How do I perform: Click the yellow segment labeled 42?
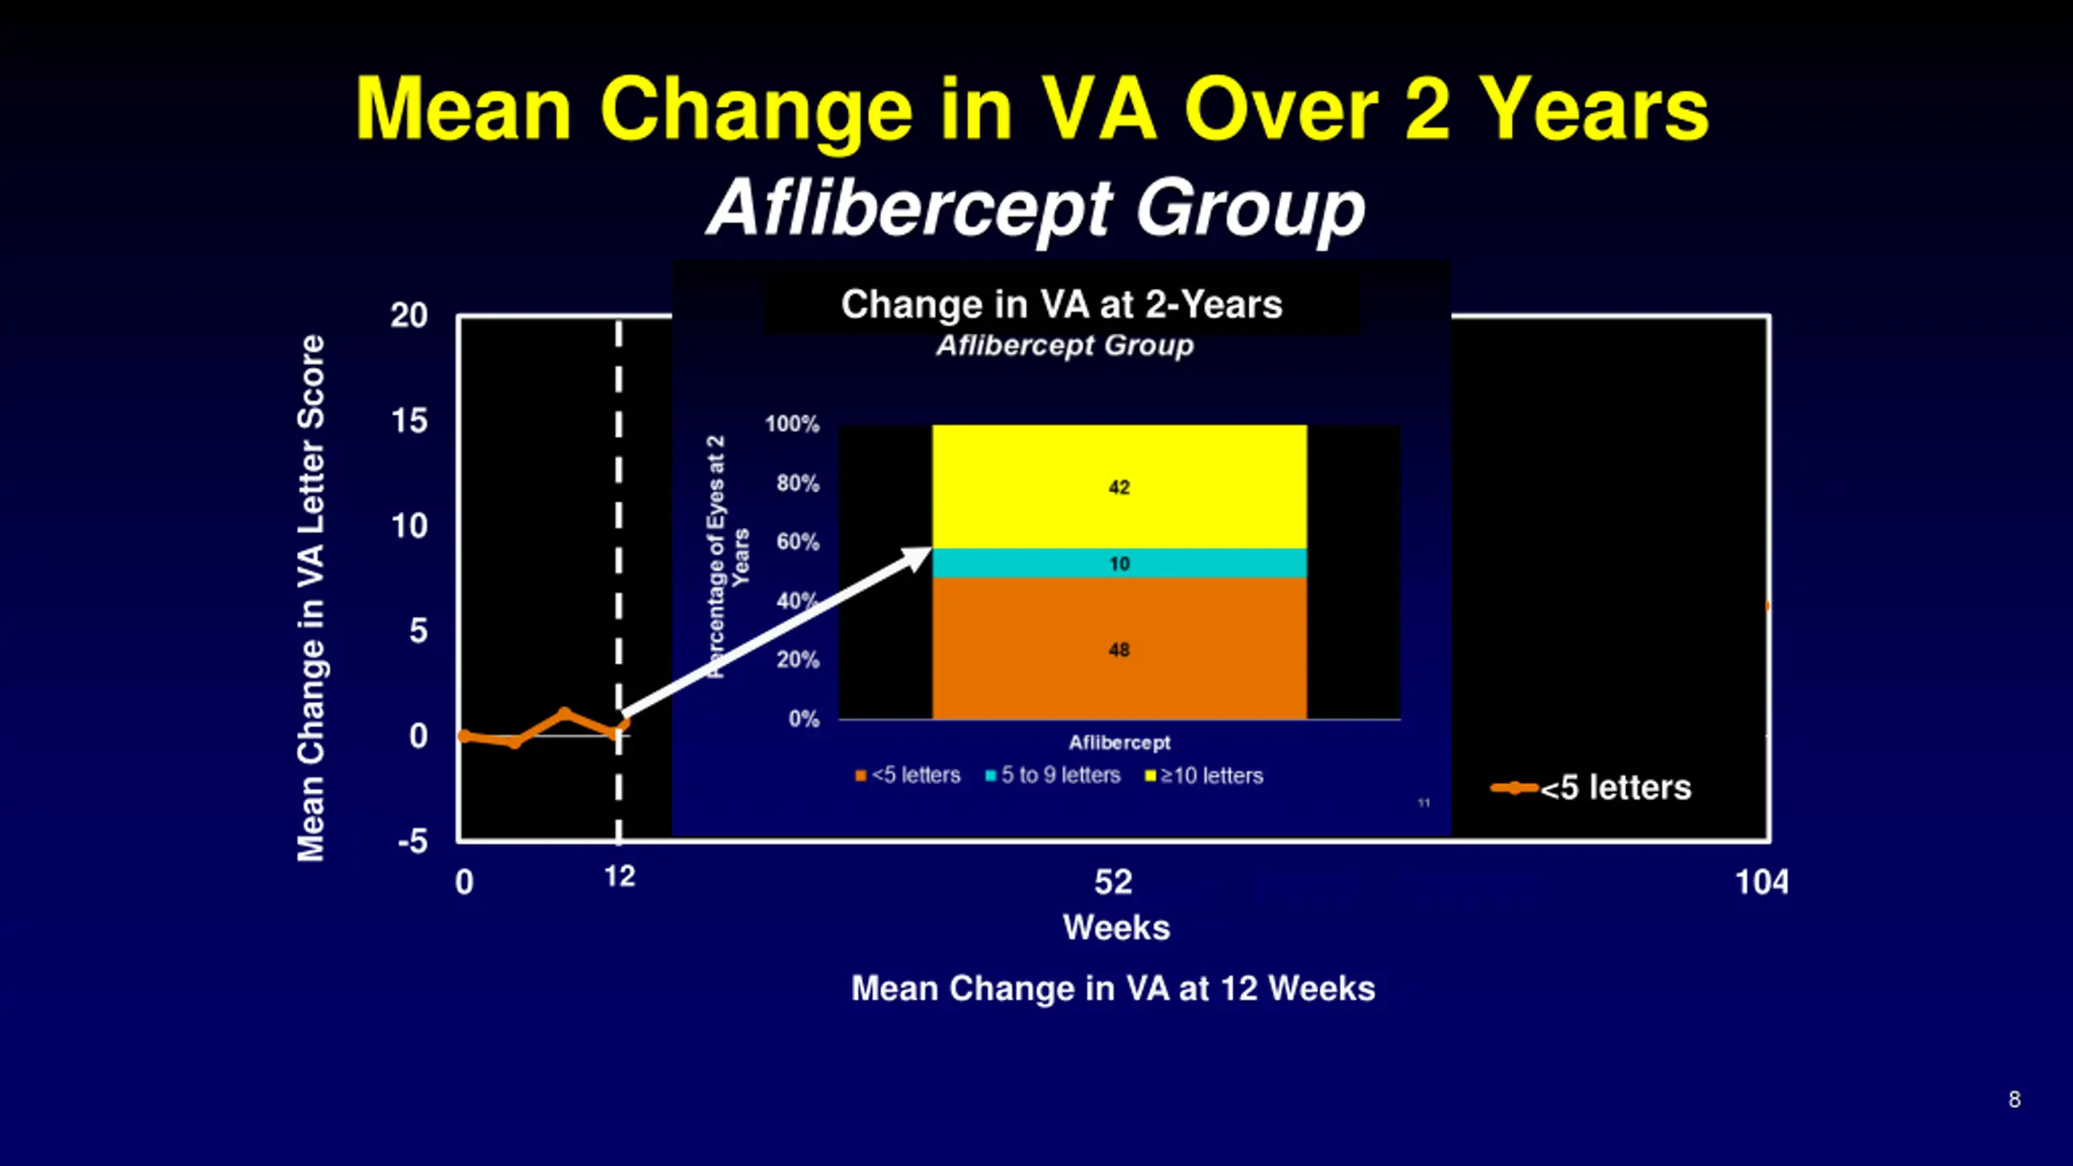[1119, 487]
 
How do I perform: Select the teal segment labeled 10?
[1119, 563]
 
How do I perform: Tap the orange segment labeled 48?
[1119, 649]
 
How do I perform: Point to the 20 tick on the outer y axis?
[409, 316]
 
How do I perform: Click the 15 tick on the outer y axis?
[409, 421]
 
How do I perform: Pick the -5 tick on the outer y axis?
[412, 841]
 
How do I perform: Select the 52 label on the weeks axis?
[1113, 882]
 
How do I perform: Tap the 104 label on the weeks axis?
[1761, 882]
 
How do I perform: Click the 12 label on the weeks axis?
[619, 876]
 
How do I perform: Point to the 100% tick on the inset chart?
[792, 423]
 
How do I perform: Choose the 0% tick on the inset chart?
[803, 719]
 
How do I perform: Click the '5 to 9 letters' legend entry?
[1053, 776]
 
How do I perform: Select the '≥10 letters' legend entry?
[1204, 776]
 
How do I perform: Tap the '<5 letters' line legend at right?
[1591, 788]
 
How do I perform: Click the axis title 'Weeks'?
[1117, 927]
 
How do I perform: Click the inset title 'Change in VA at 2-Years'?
[1062, 304]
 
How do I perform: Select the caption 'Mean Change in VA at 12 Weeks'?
[1113, 989]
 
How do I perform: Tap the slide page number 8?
[2014, 1100]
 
